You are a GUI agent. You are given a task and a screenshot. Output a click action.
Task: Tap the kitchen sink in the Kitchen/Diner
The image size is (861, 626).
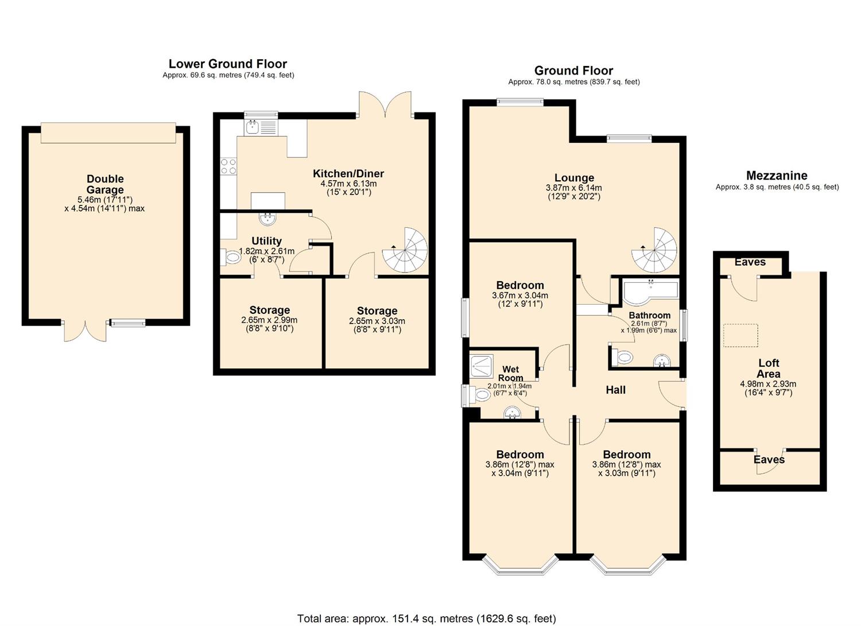pos(253,127)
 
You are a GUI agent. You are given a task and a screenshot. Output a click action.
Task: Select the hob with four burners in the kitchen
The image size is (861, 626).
pos(228,166)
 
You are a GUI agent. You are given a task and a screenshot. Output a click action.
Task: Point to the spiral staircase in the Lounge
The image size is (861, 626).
pos(655,250)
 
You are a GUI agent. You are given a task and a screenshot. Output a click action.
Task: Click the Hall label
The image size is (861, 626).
pos(615,390)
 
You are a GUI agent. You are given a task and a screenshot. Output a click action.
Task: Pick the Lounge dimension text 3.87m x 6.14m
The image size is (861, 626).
pos(573,188)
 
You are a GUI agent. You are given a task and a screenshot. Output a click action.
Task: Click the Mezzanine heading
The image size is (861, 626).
pos(777,176)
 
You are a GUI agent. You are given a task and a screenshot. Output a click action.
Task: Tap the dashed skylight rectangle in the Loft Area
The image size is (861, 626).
pos(740,336)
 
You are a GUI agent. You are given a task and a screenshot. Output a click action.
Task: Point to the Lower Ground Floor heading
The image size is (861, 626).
pos(227,64)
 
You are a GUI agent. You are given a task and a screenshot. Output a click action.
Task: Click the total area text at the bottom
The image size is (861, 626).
pos(426,619)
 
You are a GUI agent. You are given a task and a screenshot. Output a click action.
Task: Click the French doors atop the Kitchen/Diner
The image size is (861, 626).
pos(385,104)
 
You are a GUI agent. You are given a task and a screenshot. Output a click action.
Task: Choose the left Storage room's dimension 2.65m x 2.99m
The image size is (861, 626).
pos(269,320)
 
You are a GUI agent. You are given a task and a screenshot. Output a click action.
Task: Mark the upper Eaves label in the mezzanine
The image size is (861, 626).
pos(750,262)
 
